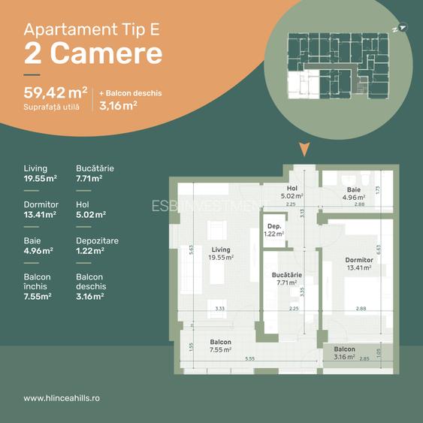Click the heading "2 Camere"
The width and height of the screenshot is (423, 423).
click(x=93, y=53)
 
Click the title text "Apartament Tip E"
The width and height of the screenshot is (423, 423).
click(x=92, y=29)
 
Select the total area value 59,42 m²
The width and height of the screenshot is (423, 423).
click(x=56, y=93)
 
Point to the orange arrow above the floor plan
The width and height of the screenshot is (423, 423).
click(x=304, y=149)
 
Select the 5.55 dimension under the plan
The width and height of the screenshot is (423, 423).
click(x=249, y=359)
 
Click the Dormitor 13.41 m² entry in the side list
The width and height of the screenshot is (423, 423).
click(x=41, y=210)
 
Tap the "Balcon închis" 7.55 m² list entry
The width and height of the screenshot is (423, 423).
click(x=38, y=286)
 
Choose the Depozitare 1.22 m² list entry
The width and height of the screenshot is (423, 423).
click(x=97, y=246)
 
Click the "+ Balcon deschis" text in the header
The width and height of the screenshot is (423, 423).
click(x=131, y=93)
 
